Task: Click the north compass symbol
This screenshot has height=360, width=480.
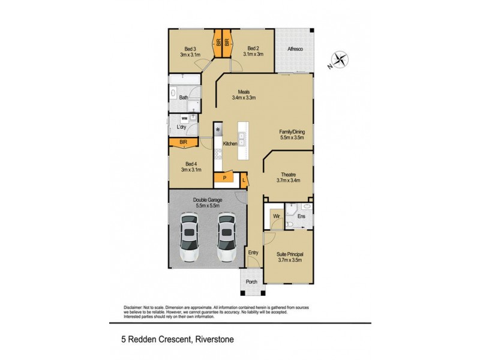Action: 340,60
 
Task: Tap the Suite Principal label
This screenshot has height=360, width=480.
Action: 289,257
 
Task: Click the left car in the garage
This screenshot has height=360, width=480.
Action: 190,238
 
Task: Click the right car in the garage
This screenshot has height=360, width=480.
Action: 226,238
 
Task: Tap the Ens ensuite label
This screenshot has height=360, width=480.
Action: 302,215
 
